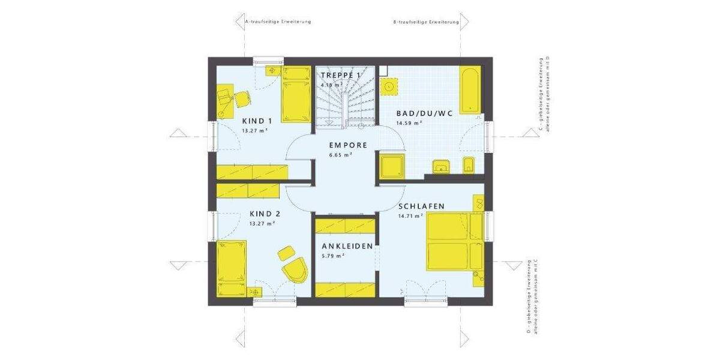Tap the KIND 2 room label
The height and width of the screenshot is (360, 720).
click(265, 214)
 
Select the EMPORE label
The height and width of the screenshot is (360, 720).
click(348, 145)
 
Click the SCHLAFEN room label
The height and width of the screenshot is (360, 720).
click(421, 206)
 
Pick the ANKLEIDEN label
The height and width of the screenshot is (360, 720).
click(347, 246)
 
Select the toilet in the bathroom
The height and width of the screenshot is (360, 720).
click(469, 166)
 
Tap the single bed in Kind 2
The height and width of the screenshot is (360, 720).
click(232, 268)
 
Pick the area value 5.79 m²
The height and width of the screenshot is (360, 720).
click(332, 256)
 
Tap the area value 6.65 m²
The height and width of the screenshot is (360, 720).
click(340, 155)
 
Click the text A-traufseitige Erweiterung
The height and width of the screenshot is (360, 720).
click(278, 22)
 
